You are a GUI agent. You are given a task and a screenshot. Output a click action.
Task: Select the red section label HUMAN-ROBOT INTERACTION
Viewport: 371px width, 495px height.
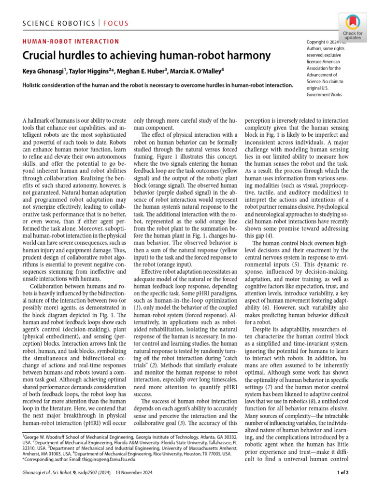coord(71,42)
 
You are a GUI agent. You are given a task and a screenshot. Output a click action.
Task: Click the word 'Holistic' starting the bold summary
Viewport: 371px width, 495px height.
coord(34,85)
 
